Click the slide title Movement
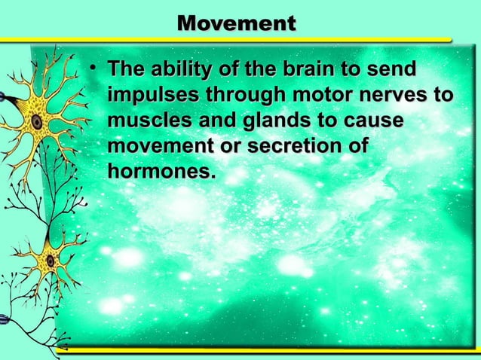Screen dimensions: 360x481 pos(236,23)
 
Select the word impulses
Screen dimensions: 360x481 pos(152,96)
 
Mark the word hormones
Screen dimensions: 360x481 pos(156,172)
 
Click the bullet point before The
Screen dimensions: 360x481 pos(91,70)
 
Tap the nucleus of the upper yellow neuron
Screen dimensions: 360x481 pos(35,121)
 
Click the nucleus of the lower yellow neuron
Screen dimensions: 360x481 pos(50,261)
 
